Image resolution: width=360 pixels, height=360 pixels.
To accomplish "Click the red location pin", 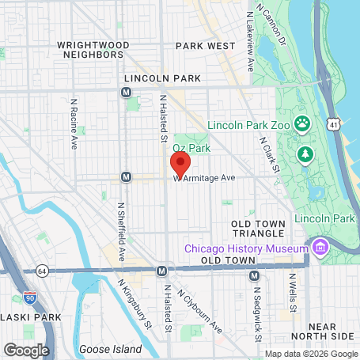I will click(x=180, y=165).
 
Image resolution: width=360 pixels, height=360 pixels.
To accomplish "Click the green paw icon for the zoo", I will click(x=302, y=123).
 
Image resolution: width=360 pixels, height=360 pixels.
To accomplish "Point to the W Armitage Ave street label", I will click(x=207, y=179).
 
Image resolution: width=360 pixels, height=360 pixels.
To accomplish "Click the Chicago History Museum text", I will click(x=245, y=248).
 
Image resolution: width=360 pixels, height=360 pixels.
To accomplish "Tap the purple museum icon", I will click(x=320, y=248).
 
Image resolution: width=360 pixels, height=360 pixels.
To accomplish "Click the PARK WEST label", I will click(x=205, y=46).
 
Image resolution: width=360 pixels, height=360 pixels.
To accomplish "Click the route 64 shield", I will click(x=41, y=270).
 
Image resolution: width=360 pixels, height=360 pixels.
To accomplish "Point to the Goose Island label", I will click(x=110, y=349).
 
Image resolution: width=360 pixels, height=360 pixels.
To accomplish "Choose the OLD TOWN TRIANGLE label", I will click(x=258, y=229).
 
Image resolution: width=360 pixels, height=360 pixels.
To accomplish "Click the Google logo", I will click(x=26, y=349).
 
